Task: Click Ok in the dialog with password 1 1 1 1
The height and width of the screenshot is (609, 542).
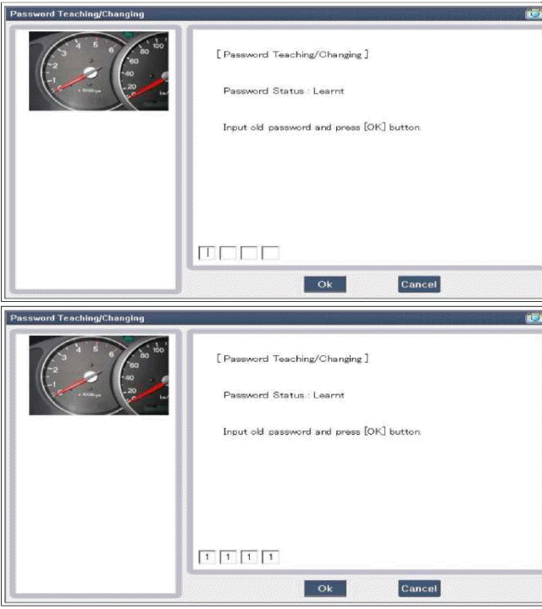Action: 324,588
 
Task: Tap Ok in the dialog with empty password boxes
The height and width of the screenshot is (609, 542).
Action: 324,284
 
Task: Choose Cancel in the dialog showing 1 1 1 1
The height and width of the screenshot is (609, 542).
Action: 418,588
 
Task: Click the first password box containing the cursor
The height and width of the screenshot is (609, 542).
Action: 206,252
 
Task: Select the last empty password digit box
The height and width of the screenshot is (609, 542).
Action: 270,252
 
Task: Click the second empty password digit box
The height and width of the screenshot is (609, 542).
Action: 228,252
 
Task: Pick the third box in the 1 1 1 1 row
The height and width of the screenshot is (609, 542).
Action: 249,557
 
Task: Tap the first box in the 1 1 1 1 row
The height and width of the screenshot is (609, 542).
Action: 206,557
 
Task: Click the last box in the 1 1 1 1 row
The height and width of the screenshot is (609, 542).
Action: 270,557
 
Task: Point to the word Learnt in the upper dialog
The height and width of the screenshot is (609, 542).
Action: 329,91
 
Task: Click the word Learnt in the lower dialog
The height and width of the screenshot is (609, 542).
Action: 329,395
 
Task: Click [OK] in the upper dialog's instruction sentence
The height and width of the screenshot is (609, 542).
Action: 375,128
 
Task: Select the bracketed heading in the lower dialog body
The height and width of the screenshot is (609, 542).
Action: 292,359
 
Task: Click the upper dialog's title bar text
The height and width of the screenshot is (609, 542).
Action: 76,14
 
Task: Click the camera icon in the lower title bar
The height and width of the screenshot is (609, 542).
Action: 533,318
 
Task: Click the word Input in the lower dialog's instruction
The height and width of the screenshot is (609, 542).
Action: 235,431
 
